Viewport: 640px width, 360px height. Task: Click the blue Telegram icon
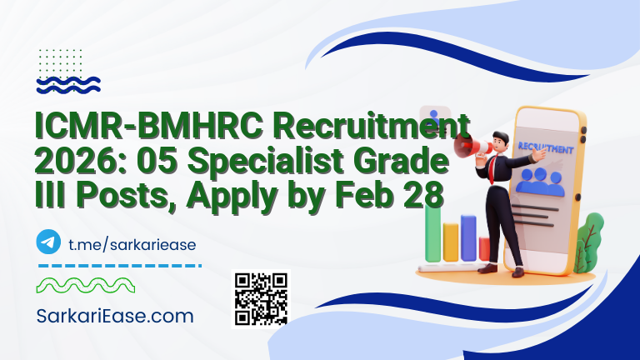click(x=49, y=242)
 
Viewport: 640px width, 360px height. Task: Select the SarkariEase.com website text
click(x=115, y=317)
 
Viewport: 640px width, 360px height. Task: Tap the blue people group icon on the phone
click(x=540, y=180)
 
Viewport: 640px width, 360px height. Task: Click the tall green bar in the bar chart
click(x=432, y=233)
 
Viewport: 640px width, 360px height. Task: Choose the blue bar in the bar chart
click(x=468, y=239)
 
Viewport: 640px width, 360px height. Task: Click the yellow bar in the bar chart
click(x=451, y=243)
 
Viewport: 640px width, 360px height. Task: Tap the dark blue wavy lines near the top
click(x=69, y=83)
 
